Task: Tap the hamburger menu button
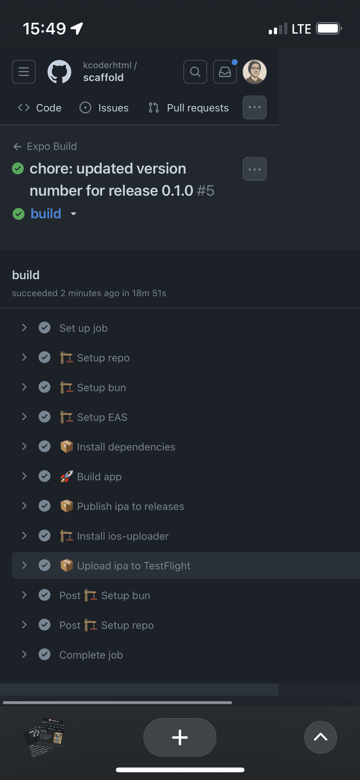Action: coord(24,72)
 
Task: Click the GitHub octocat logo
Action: coord(59,72)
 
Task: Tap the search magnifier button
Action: coord(195,72)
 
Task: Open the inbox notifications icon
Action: coord(225,72)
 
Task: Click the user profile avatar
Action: coord(254,72)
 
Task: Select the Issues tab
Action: coord(104,108)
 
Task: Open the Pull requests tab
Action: coord(189,108)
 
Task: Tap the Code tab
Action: coord(40,108)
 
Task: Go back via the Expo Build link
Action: coord(45,146)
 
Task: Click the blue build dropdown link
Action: coord(46,214)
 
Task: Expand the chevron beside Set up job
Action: coord(24,328)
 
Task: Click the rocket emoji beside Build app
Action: coord(66,477)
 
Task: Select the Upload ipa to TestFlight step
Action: coord(133,566)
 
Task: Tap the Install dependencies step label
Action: coord(126,447)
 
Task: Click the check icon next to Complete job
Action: coord(44,655)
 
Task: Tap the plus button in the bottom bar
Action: coord(180,737)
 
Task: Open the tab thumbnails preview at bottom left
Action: coord(44,737)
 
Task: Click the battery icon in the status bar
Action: coord(329,29)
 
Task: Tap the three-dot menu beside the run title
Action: coord(254,169)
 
